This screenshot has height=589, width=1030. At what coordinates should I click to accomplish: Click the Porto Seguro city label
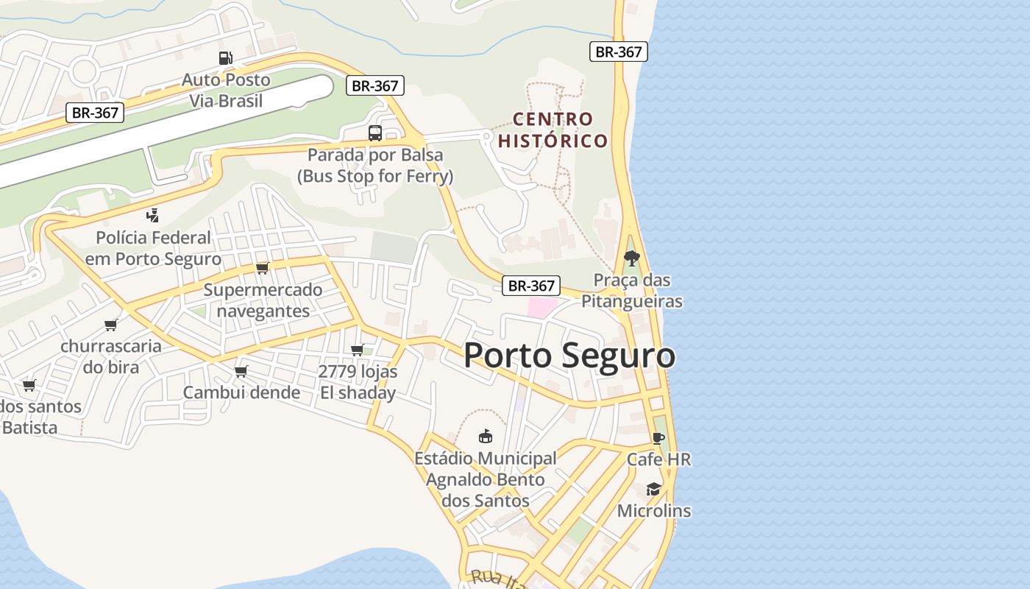pos(569,356)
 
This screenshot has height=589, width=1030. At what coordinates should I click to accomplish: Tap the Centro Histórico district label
pos(553,130)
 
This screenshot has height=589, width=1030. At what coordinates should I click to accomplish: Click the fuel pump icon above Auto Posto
pos(226,57)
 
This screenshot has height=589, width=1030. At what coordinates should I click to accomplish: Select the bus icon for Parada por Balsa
pos(375,133)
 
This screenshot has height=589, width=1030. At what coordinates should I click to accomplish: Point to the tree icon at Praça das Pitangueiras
pos(631,258)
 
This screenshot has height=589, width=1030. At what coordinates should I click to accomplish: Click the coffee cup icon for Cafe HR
pos(658,438)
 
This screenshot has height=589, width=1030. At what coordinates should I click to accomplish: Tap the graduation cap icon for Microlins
pos(653,489)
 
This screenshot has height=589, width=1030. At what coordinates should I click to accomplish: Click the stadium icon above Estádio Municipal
pos(486,437)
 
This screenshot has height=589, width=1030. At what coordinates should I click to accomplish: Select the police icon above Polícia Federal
pos(153,216)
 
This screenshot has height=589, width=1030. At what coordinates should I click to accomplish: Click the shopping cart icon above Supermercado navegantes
pos(263,268)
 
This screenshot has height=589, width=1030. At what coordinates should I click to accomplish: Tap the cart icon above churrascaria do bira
pos(111,325)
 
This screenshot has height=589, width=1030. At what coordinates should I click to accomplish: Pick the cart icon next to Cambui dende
pos(241,371)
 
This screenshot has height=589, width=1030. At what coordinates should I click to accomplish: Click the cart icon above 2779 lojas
pos(358,350)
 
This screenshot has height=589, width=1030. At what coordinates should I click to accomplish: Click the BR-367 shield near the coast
pos(618,52)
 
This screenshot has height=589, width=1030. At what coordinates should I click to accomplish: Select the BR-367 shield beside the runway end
pos(375,85)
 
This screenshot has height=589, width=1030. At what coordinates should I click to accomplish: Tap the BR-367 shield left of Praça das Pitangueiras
pos(531,286)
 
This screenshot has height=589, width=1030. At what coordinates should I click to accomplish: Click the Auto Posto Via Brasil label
pos(226,90)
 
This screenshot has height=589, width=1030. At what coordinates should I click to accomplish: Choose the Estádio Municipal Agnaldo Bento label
pos(486,479)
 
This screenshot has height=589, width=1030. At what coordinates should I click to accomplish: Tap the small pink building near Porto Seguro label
pos(542,308)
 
